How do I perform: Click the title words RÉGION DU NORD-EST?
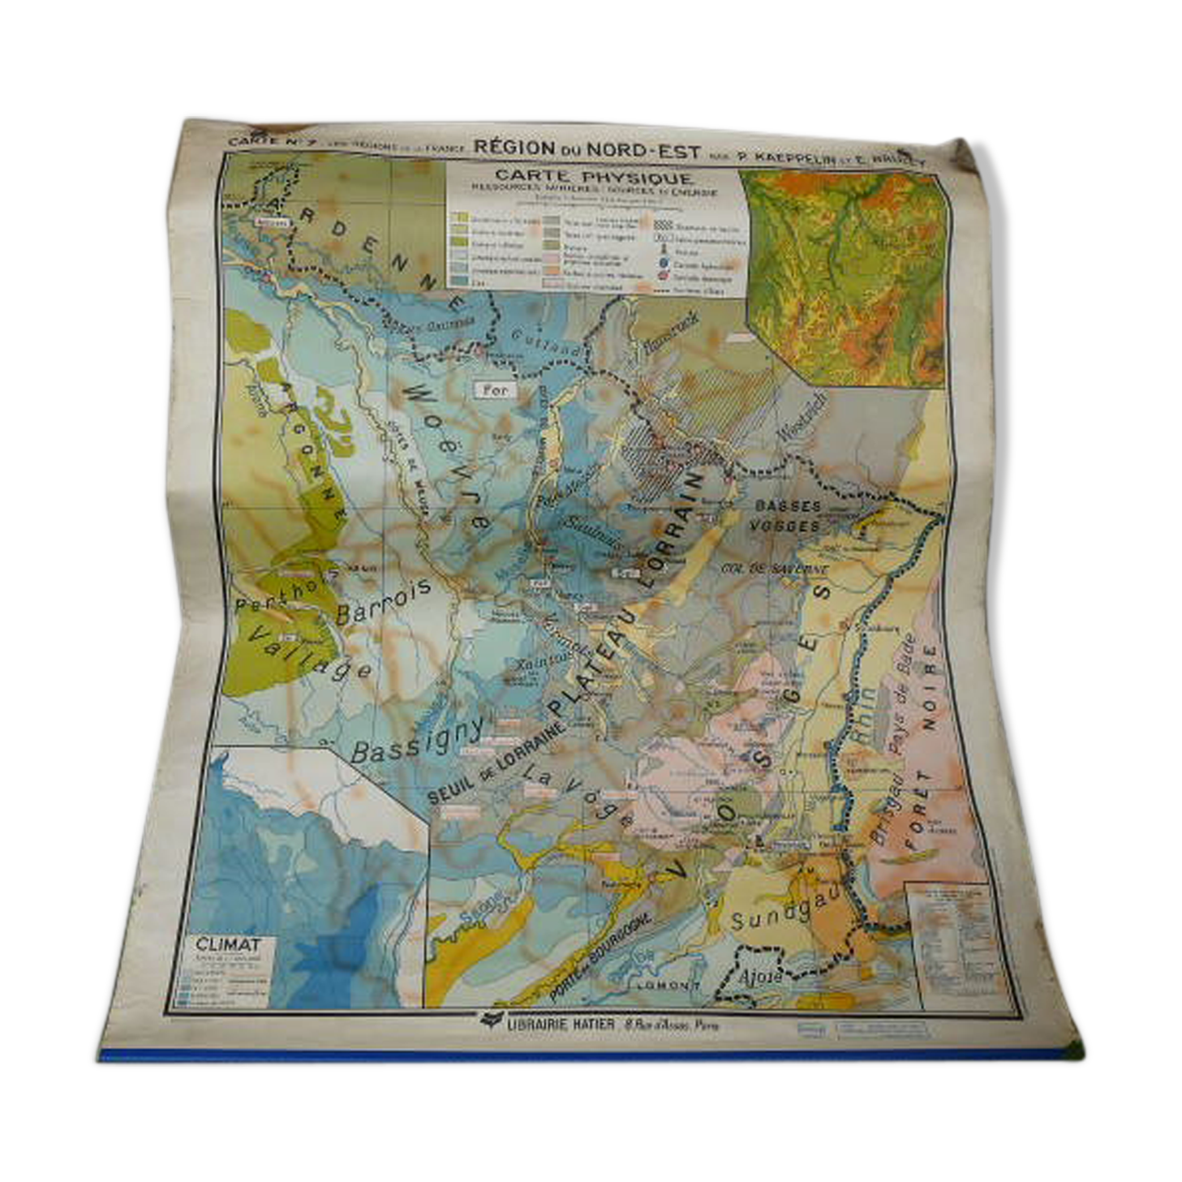[587, 148]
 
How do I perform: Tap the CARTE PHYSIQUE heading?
[593, 176]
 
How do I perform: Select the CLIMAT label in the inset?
[228, 944]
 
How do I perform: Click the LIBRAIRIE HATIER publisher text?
[561, 1024]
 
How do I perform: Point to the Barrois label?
[384, 601]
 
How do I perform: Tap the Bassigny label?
[417, 740]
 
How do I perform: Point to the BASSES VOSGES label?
[787, 515]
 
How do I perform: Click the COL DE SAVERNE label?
[774, 570]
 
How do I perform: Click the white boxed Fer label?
[495, 390]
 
